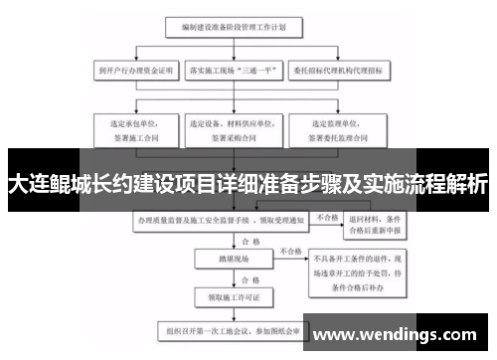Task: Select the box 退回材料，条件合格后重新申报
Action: (x=374, y=227)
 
